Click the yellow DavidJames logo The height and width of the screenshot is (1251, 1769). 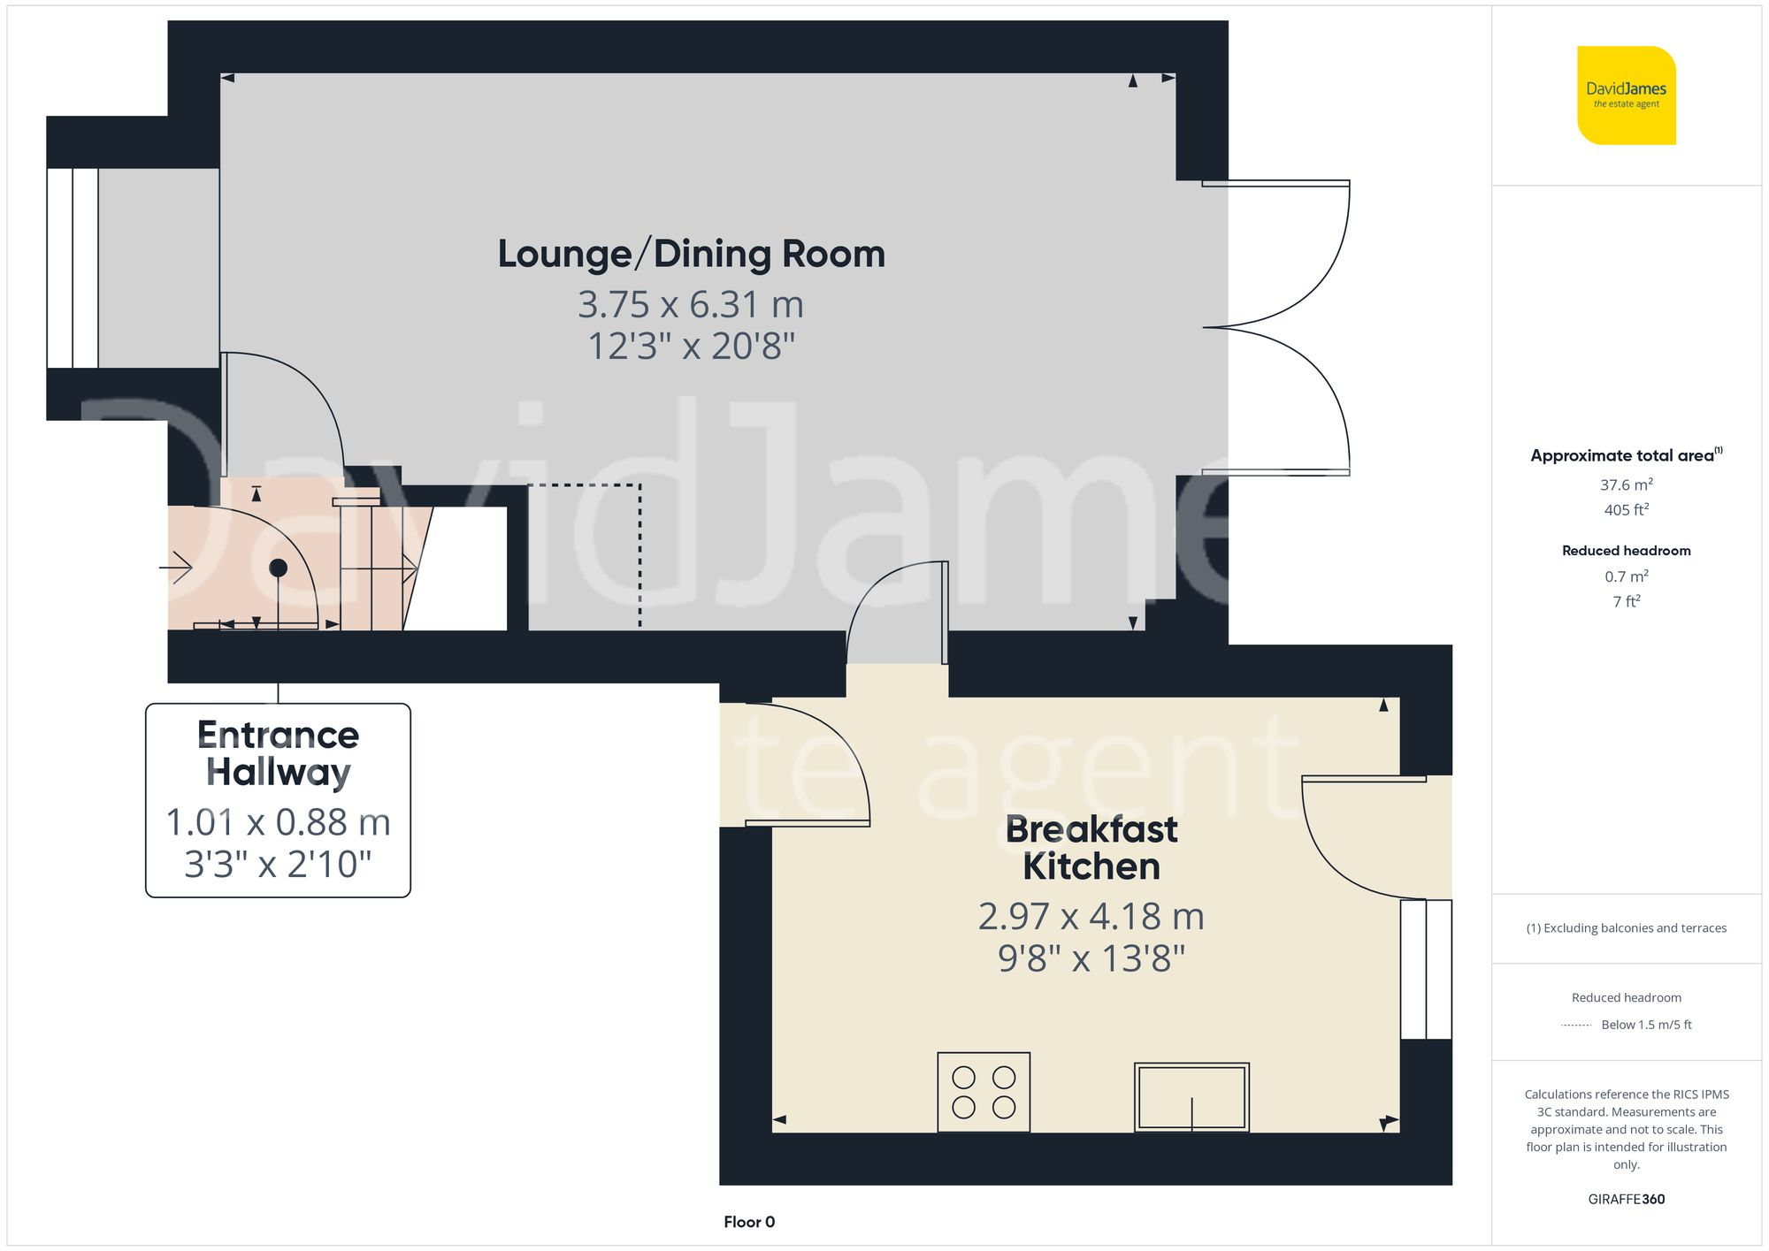[x=1626, y=95]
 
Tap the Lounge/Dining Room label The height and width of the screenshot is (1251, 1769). [x=691, y=254]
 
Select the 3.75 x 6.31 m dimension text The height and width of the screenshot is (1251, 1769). [x=691, y=305]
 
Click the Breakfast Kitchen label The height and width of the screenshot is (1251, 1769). [x=1091, y=848]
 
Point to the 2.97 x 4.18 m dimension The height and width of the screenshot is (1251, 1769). [x=1091, y=916]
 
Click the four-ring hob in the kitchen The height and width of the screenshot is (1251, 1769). [x=984, y=1092]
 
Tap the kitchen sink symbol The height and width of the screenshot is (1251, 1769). [x=1191, y=1096]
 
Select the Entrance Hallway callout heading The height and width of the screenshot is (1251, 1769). [x=278, y=753]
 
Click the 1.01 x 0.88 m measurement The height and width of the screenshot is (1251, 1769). [x=278, y=822]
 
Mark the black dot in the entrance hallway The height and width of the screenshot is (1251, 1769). [x=279, y=568]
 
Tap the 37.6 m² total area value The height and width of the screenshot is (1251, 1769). [x=1626, y=484]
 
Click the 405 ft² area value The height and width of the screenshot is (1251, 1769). [x=1626, y=510]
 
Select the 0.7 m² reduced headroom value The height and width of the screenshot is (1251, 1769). [x=1626, y=576]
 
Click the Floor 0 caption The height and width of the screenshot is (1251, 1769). [x=748, y=1222]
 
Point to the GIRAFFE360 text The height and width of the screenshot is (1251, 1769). [x=1626, y=1199]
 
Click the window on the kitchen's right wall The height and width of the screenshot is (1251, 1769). [x=1426, y=969]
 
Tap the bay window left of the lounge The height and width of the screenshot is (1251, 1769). [x=73, y=268]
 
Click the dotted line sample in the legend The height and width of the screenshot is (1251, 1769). [x=1576, y=1026]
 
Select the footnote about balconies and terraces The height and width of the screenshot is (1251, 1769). [x=1626, y=928]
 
